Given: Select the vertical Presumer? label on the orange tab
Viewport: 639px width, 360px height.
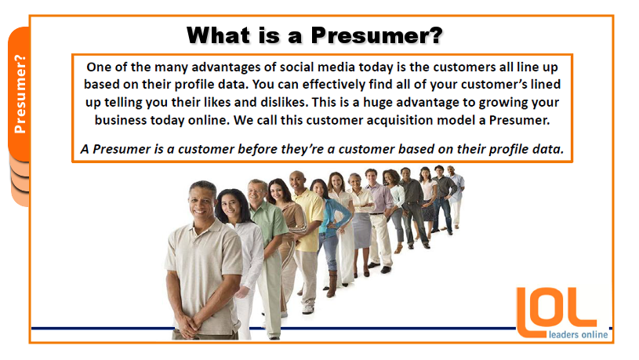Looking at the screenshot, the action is (x=20, y=94).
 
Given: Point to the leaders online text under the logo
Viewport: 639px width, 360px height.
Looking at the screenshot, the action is (x=579, y=335).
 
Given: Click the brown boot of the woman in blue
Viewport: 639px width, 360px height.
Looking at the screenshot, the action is (x=332, y=284).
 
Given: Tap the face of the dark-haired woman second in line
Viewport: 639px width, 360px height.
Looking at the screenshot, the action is (x=231, y=207).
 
